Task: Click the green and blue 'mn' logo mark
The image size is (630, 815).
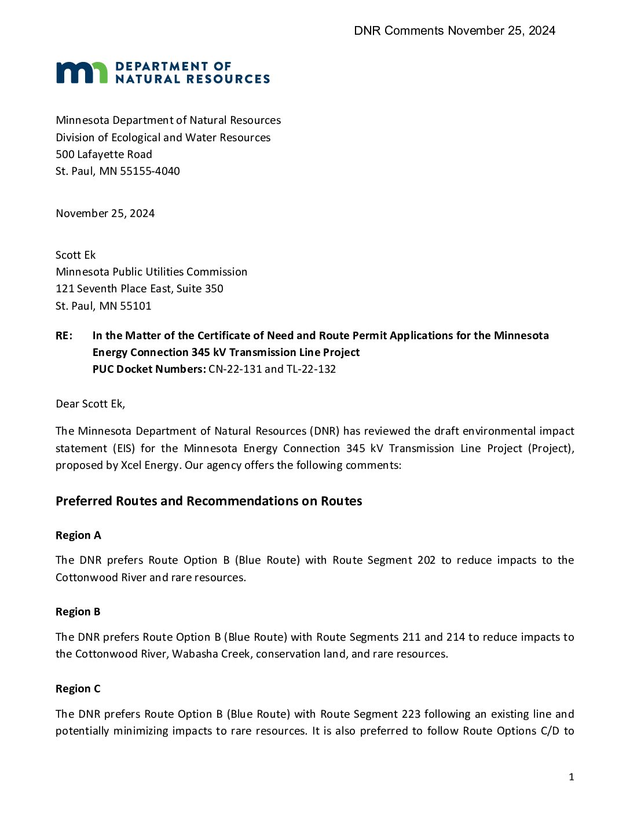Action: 82,72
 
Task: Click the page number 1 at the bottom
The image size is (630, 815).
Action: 572,777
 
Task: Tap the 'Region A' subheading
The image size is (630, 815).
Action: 78,535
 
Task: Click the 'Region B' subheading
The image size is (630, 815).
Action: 78,612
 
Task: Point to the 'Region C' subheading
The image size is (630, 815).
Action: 78,689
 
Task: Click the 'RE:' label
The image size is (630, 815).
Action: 64,336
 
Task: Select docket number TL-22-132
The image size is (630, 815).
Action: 311,369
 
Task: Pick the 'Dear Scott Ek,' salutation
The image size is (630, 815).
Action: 90,404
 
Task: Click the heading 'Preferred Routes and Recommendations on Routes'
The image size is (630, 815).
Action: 208,501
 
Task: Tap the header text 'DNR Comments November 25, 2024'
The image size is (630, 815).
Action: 455,31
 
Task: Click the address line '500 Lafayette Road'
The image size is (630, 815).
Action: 104,155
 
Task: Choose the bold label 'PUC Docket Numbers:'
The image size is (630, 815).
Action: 149,369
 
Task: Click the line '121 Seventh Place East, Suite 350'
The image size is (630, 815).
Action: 139,289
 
